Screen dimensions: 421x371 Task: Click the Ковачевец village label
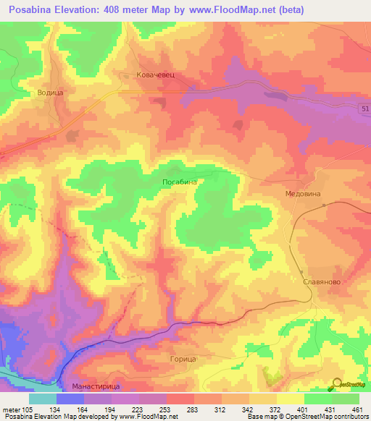coord(157,75)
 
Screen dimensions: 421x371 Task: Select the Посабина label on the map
coord(180,182)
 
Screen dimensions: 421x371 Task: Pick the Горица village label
coord(182,359)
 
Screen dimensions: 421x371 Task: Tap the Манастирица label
coord(95,387)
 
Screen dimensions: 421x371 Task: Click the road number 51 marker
coord(364,108)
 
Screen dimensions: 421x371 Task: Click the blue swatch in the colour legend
coord(70,399)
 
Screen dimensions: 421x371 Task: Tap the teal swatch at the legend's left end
coord(42,399)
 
